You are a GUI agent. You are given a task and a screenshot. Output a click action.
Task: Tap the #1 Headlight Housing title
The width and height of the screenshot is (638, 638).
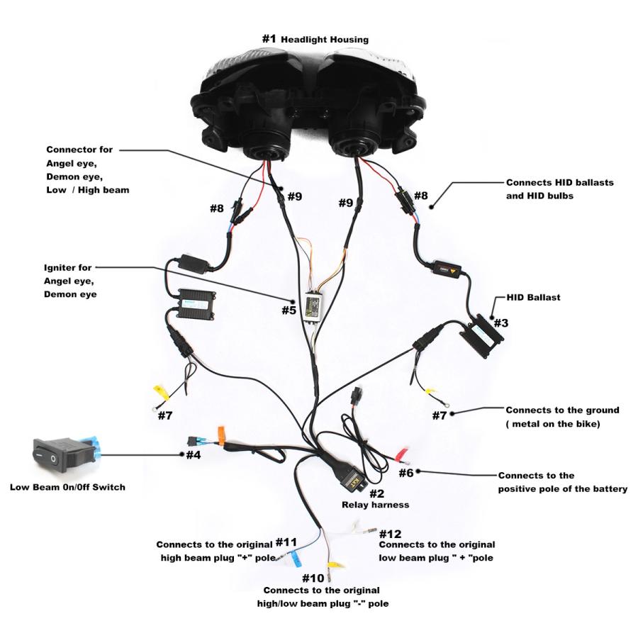tap(315, 39)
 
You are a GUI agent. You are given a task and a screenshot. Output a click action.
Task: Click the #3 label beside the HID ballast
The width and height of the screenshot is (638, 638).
tap(500, 323)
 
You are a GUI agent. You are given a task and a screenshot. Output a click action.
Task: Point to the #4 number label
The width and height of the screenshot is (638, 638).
tap(194, 454)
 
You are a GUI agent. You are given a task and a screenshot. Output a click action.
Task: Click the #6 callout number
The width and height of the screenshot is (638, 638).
tap(406, 472)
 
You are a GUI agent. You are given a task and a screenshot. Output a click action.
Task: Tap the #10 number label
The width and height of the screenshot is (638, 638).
tap(313, 578)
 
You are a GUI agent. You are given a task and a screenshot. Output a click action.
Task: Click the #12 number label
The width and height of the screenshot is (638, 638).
tap(391, 533)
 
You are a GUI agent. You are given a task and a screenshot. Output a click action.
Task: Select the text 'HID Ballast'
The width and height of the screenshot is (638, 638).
tap(533, 298)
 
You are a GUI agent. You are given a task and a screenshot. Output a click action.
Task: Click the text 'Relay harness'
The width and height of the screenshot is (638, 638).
tap(375, 505)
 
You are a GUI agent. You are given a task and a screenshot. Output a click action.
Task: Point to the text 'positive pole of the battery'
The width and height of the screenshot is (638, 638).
tap(562, 488)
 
